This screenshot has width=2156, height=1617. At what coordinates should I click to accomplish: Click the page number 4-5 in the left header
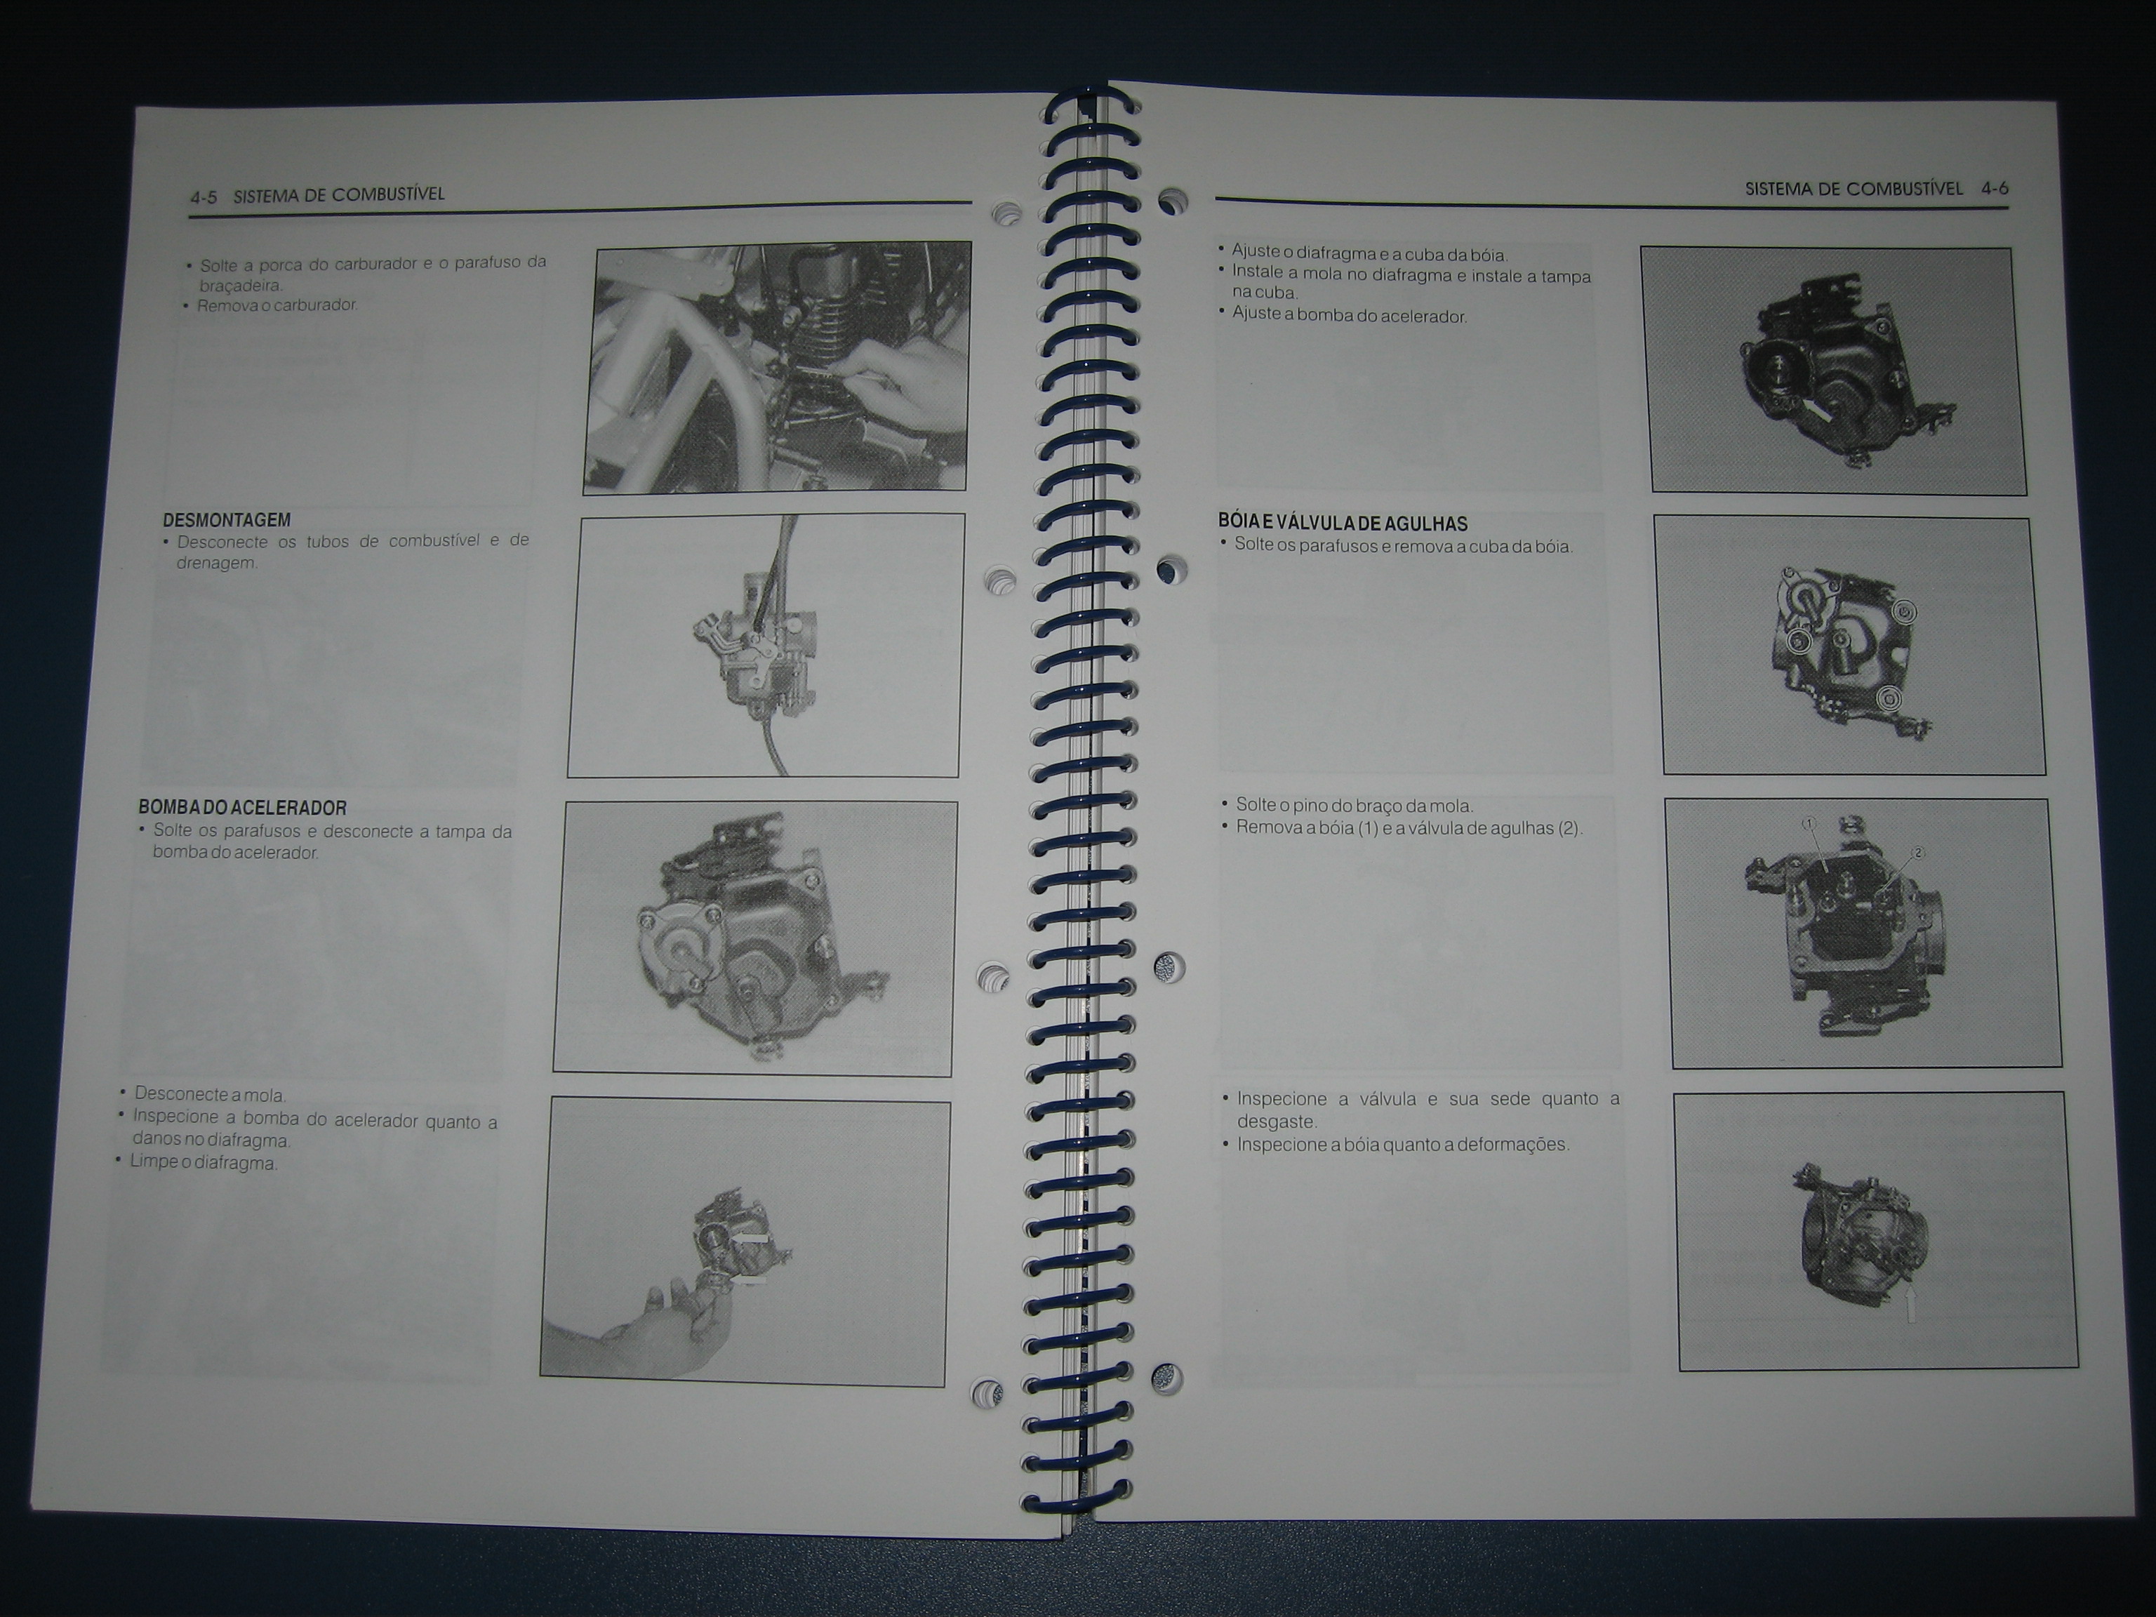[203, 197]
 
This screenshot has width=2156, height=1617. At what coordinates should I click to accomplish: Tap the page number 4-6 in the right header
[1994, 189]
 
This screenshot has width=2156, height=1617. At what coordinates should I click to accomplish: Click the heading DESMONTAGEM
[226, 521]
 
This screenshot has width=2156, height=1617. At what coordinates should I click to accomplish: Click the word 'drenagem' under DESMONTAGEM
[216, 564]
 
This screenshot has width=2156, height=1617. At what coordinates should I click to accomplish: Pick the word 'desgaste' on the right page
[1277, 1122]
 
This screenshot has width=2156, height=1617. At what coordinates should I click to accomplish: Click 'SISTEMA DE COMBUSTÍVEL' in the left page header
[338, 195]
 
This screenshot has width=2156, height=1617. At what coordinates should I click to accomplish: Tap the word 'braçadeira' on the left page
[240, 286]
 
